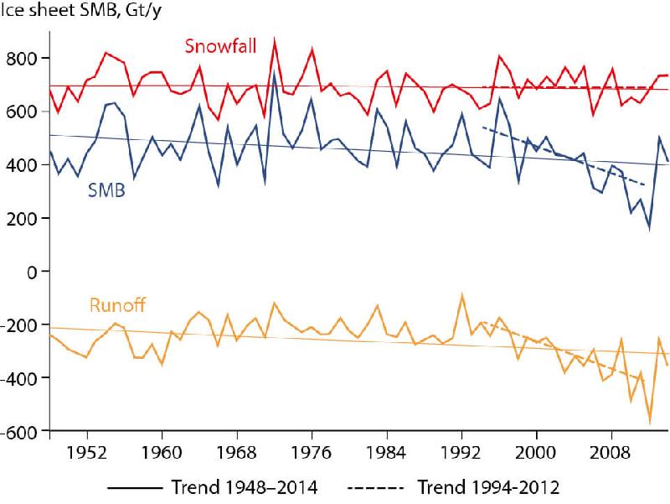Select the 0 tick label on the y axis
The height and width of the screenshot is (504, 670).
(x=33, y=272)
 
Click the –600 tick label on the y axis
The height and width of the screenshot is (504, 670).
(x=21, y=432)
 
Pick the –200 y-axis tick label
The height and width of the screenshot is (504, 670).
(x=21, y=325)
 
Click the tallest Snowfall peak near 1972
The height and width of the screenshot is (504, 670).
(x=275, y=39)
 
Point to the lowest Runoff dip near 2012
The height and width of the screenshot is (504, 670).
(x=649, y=423)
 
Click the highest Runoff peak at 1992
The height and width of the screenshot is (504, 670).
(x=461, y=294)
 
